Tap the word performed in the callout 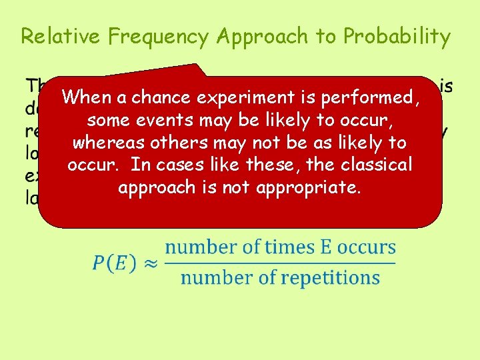tap(377, 98)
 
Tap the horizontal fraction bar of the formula tap(280, 263)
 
